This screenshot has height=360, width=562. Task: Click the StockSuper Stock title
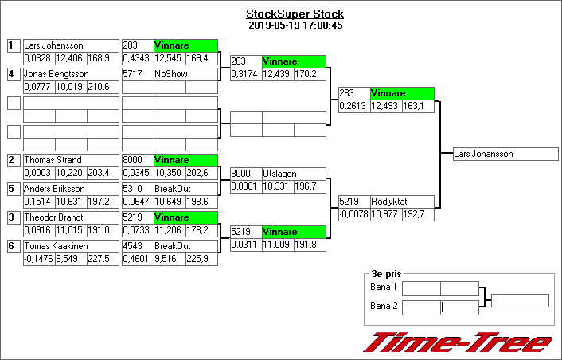(x=295, y=14)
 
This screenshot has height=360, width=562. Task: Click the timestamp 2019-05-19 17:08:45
(x=295, y=25)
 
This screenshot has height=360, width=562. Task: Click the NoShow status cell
(x=185, y=74)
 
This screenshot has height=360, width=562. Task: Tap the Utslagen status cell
(x=294, y=174)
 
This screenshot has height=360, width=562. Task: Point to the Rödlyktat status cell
(x=402, y=202)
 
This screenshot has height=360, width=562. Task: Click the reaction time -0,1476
(x=38, y=258)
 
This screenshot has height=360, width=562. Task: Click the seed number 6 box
(x=13, y=246)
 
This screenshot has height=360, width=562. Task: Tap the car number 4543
(x=137, y=246)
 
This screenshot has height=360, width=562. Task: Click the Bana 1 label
(x=384, y=287)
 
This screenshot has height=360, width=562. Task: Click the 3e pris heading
(x=384, y=273)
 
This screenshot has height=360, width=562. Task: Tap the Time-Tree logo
(x=457, y=342)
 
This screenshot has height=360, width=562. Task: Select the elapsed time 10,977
(x=385, y=214)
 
